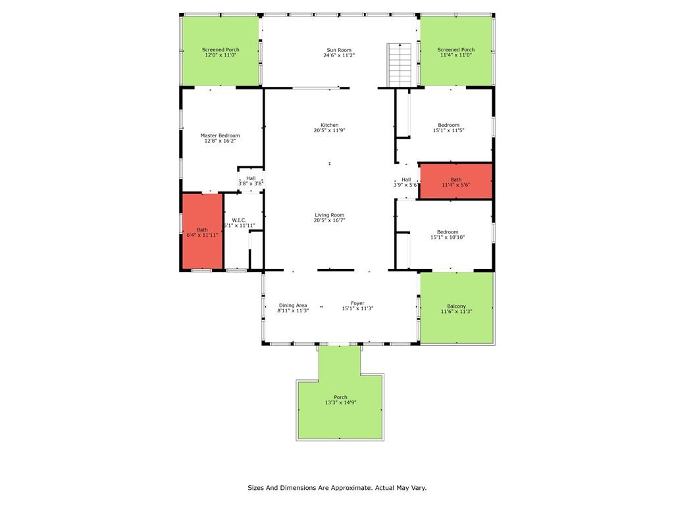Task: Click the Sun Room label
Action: (x=339, y=50)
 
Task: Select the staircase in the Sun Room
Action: (x=399, y=64)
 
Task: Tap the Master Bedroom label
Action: (x=220, y=135)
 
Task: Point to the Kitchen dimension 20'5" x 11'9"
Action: (x=329, y=130)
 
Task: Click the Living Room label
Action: (x=329, y=215)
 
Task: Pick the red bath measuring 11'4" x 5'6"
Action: (x=455, y=181)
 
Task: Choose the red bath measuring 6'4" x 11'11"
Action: (x=202, y=231)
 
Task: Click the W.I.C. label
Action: (x=239, y=220)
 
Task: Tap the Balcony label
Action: (x=456, y=306)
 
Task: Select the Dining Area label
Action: (x=293, y=305)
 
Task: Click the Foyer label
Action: (x=357, y=303)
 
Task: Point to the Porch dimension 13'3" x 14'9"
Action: (x=340, y=402)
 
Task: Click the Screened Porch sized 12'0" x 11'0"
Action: (x=220, y=51)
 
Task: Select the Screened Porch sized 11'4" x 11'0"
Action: (x=455, y=51)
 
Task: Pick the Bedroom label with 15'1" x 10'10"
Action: (x=448, y=231)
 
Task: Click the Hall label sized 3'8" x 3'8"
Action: (x=251, y=178)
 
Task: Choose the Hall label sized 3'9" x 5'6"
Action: (x=406, y=180)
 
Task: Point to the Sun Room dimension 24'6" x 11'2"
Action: (x=339, y=56)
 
